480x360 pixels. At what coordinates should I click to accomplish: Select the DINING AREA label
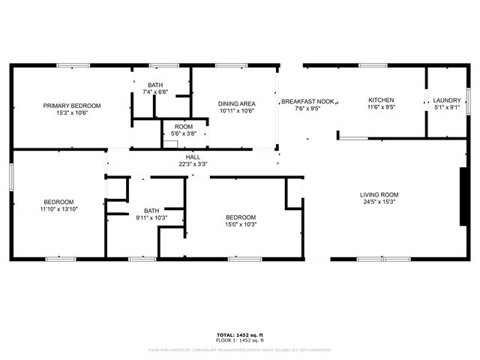coord(236,103)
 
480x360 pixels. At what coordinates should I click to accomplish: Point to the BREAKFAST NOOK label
coord(307,100)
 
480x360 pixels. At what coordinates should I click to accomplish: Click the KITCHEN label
coord(380,100)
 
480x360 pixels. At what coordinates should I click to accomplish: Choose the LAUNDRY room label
coord(447,100)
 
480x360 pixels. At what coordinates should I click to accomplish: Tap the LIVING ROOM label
coord(379,193)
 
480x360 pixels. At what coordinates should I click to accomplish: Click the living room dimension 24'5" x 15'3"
coord(379,201)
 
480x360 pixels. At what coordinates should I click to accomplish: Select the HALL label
coord(193,157)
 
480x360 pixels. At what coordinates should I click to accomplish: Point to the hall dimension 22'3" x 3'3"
coord(193,163)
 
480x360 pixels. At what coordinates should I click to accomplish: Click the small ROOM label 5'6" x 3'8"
coord(184,127)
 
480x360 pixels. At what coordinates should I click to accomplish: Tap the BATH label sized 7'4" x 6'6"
coord(156,85)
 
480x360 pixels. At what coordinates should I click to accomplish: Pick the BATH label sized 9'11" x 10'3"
coord(151,211)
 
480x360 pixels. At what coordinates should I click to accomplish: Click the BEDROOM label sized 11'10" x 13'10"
coord(58,202)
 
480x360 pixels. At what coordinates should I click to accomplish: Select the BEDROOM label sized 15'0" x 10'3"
coord(241,217)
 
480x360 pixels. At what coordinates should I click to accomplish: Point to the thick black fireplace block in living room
coord(463,195)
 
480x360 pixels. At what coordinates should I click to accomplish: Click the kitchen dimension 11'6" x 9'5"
coord(380,107)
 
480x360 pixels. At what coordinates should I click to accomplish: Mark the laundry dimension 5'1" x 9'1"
coord(447,107)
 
